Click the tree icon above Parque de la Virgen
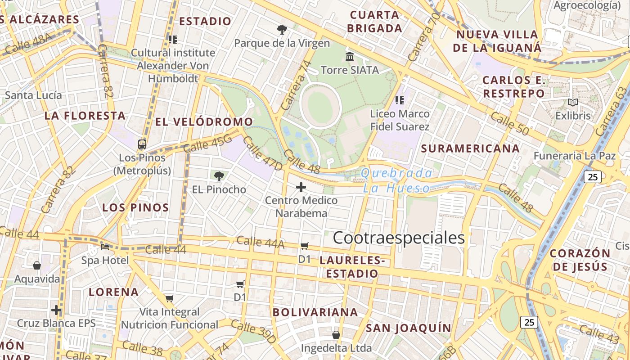coord(282,30)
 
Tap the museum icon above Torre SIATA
coord(350,57)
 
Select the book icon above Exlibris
coord(572,103)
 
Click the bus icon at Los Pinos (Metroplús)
coord(142,144)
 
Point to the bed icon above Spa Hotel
coord(105,247)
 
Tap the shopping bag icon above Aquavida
coord(37,265)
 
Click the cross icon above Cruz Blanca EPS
coord(56,310)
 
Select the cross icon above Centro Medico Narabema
coord(301,187)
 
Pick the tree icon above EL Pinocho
coord(219,176)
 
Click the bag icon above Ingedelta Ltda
coord(336,335)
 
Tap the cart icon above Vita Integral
coord(170,298)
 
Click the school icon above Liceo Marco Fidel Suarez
coord(400,100)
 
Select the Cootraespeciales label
coord(399,238)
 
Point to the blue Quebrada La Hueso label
coord(397,181)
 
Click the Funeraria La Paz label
coord(574,156)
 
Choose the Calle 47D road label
coord(262,154)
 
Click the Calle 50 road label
coord(509,123)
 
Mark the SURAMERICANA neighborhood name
coord(470,148)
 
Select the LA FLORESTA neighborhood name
coord(85,116)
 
